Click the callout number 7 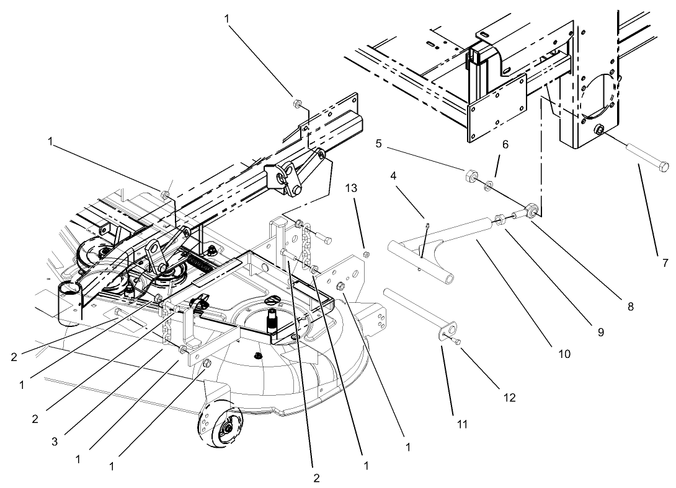point(665,263)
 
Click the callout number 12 point(509,398)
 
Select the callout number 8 point(631,307)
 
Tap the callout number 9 point(600,332)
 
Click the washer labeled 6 point(489,184)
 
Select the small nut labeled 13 point(366,253)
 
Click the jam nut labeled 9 point(500,219)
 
